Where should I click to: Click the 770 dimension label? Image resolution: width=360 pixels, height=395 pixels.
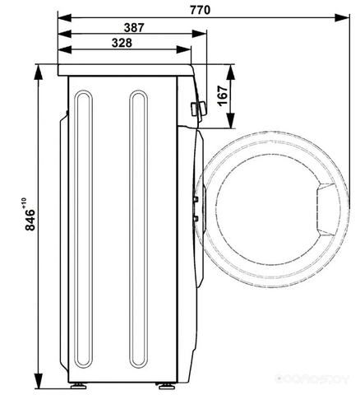click(x=201, y=10)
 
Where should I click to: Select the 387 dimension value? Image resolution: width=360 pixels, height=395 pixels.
click(x=134, y=27)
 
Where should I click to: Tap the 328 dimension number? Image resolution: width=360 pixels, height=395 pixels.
click(x=122, y=43)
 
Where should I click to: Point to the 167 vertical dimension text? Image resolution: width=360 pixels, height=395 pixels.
click(x=223, y=95)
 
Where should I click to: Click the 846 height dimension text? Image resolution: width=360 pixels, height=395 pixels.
click(x=30, y=220)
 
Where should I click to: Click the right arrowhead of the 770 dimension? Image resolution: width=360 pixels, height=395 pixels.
click(x=342, y=18)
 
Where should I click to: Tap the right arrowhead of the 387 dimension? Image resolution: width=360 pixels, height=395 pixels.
click(x=199, y=34)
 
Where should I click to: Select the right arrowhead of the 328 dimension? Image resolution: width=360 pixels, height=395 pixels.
click(x=183, y=49)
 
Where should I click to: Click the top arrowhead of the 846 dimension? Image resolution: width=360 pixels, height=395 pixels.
click(x=39, y=72)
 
